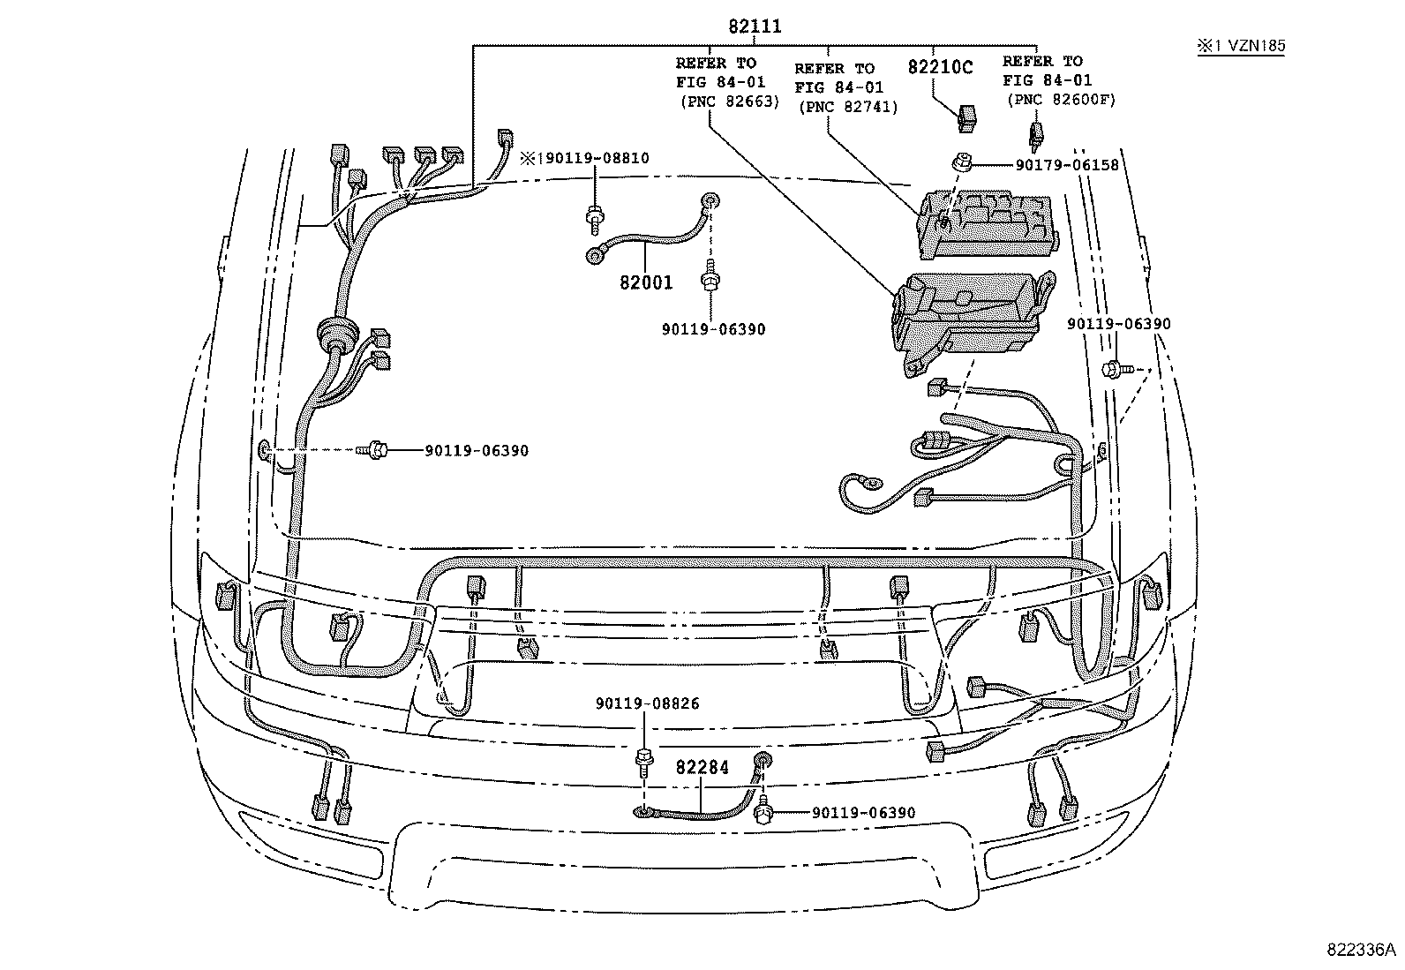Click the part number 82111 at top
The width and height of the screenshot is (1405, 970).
coord(755,27)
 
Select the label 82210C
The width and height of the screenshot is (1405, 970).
coord(940,67)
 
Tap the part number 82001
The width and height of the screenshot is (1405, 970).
coord(646,283)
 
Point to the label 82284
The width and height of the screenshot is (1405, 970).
coord(702,768)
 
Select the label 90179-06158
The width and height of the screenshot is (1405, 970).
coord(1054,164)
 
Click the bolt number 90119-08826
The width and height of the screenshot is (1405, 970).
coord(647,704)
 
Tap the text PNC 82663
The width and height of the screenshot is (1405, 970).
coord(729,102)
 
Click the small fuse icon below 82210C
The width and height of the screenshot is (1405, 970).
coord(966,118)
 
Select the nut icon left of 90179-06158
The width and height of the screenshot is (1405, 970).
coord(958,162)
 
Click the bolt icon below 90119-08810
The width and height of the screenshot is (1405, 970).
coord(595,215)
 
